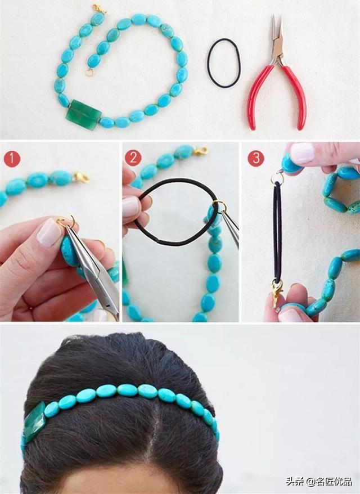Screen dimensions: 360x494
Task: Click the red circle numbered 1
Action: tap(12, 159)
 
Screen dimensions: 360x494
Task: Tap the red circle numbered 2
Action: tap(133, 158)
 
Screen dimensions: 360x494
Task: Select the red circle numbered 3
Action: tap(256, 158)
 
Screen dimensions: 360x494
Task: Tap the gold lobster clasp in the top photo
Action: tap(100, 9)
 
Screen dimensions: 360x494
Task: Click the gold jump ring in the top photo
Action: tap(89, 73)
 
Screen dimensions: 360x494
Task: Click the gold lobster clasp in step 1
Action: tap(81, 177)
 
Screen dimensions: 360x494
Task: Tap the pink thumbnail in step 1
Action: tap(49, 232)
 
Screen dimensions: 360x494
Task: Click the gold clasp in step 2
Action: tap(200, 151)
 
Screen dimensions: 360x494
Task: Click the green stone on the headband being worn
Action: tap(34, 422)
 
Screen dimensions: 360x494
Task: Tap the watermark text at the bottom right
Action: tap(319, 482)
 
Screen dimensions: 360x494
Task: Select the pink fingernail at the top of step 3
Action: tap(302, 153)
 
